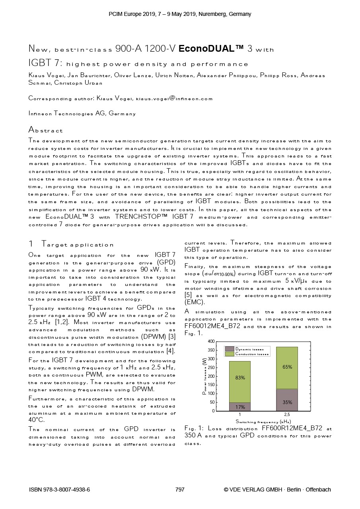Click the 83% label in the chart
(x=240, y=378)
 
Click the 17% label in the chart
(x=240, y=407)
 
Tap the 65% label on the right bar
(x=287, y=367)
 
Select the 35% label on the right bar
(x=287, y=402)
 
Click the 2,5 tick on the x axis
(x=287, y=415)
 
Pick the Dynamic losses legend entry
(x=249, y=349)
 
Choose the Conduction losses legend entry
(x=252, y=354)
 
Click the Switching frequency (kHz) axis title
(x=263, y=421)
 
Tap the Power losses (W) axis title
(x=204, y=376)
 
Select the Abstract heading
(x=45, y=130)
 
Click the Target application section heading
(x=77, y=245)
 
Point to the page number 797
(x=180, y=490)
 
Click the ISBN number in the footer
(x=60, y=490)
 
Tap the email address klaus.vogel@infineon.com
(x=174, y=98)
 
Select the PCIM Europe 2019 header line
(x=180, y=14)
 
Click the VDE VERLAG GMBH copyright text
(x=277, y=490)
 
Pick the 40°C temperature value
(x=36, y=420)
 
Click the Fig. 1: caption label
(x=194, y=428)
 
